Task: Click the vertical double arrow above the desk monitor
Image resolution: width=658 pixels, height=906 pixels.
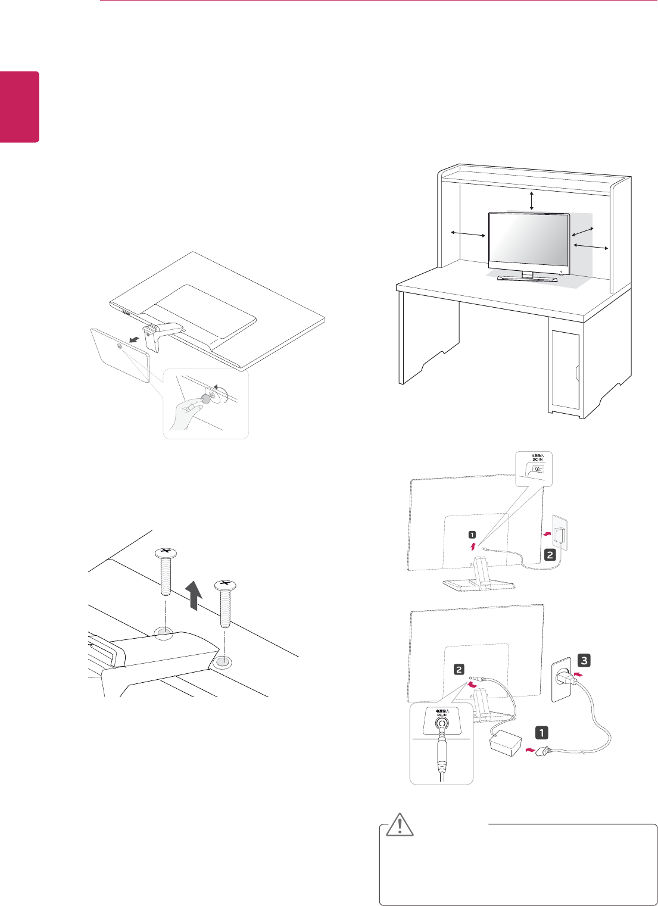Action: (532, 201)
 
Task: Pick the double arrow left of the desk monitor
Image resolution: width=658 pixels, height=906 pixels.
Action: (468, 233)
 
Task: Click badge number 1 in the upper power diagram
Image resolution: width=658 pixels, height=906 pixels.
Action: (472, 534)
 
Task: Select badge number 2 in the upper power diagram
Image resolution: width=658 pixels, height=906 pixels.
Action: (550, 555)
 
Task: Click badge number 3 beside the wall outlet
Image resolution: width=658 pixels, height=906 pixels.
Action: (585, 660)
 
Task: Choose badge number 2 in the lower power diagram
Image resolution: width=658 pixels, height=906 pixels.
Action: (459, 669)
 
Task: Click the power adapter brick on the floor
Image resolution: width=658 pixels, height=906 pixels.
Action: (505, 743)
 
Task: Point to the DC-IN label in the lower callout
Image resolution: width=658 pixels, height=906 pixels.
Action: (441, 713)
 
